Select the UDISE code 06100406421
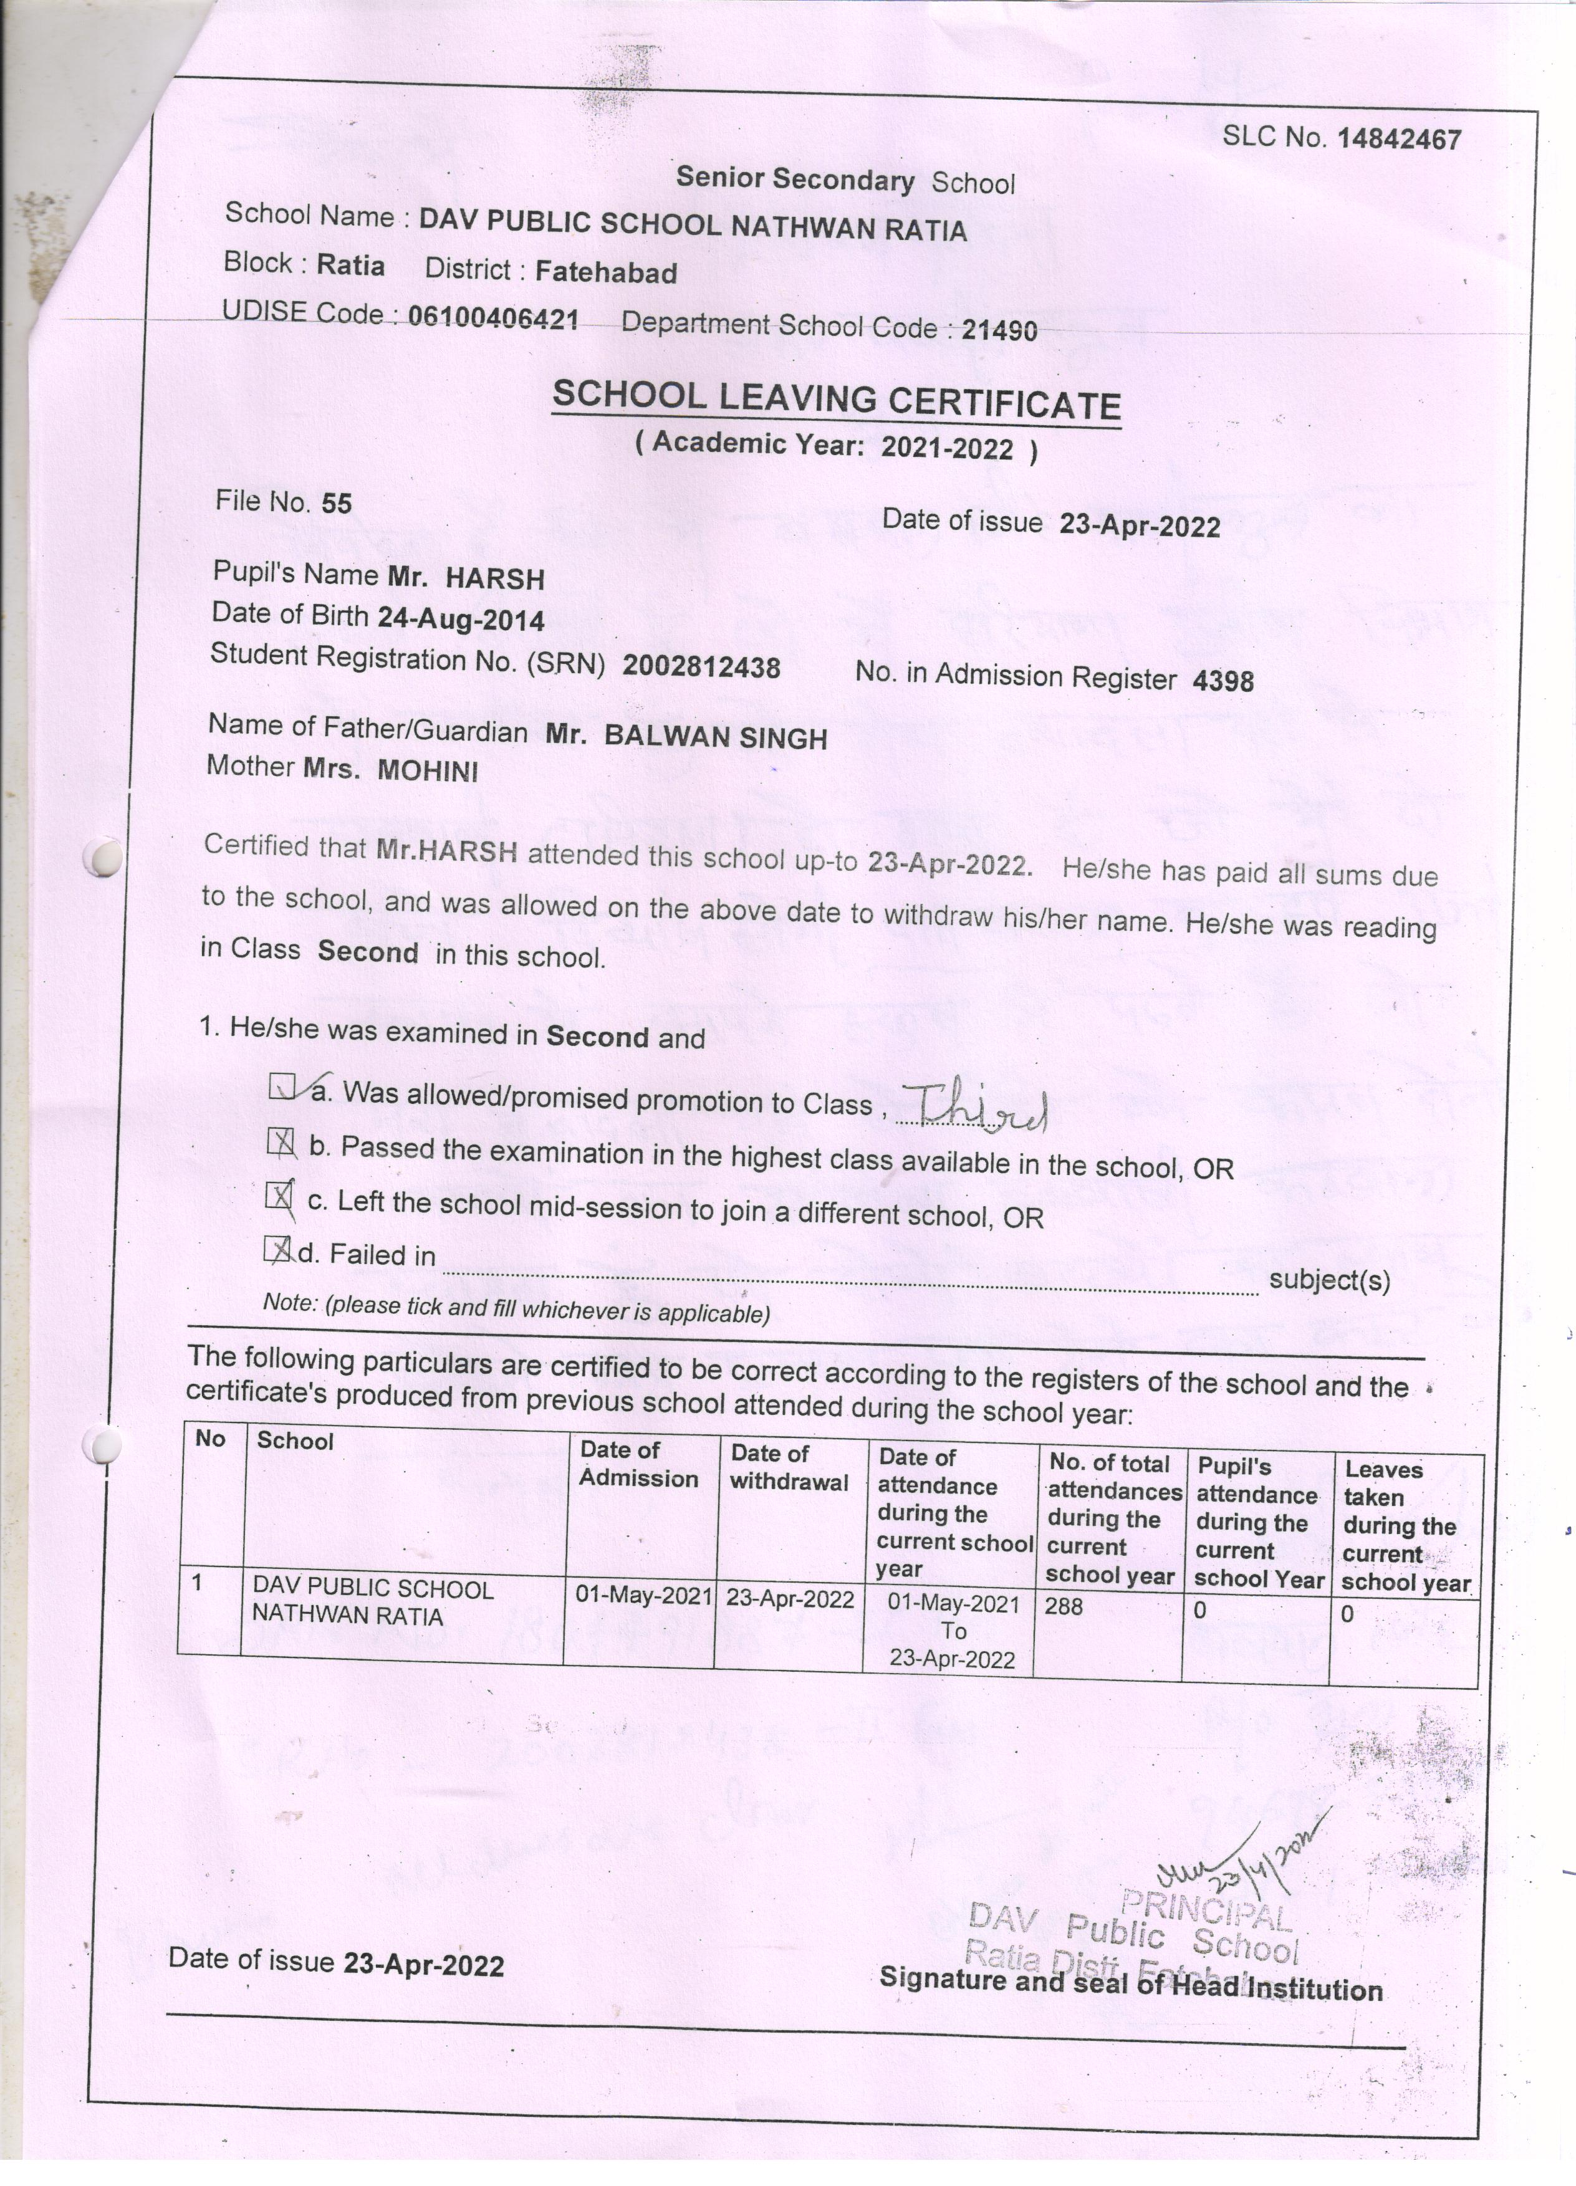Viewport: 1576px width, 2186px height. point(492,317)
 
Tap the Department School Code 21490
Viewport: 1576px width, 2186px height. point(999,330)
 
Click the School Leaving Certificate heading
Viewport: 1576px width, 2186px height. point(836,400)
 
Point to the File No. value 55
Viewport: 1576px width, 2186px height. point(337,503)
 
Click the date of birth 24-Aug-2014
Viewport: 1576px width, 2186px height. point(461,619)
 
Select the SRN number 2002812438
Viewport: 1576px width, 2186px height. point(701,667)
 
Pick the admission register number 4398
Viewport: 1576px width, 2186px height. point(1223,681)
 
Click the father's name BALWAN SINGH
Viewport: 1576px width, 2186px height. point(714,737)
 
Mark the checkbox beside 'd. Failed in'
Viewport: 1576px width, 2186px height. point(277,1250)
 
